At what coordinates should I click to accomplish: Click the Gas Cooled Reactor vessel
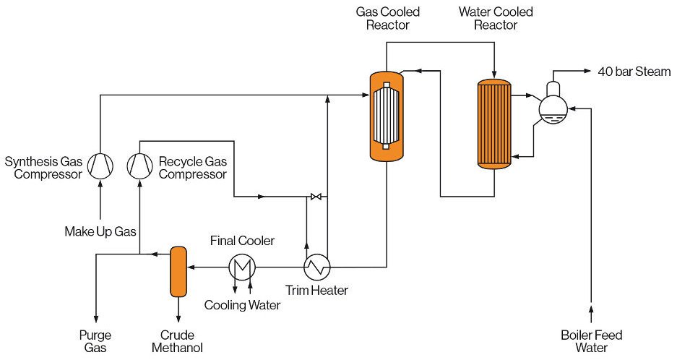386,116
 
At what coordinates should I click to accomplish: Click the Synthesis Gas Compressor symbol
100,166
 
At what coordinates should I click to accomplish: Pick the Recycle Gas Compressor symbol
139,166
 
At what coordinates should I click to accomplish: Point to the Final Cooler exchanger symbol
241,267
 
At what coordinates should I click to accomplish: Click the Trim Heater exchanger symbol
316,267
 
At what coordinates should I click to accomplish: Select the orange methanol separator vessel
178,271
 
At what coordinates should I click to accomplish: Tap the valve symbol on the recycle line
316,197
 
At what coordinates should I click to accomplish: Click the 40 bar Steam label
634,72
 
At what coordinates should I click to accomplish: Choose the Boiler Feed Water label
592,341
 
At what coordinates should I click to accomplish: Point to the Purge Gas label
94,341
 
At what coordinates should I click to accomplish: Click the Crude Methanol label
178,341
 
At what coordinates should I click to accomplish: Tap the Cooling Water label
242,305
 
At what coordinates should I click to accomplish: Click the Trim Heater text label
316,291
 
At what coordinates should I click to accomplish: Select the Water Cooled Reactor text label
496,19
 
